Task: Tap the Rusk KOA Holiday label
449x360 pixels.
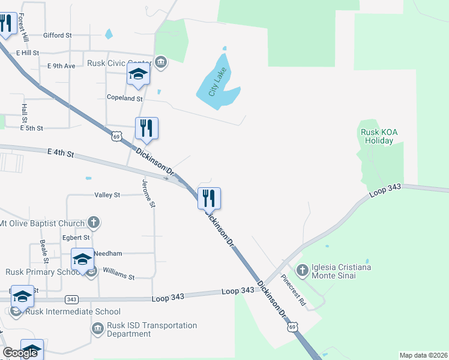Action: coord(377,137)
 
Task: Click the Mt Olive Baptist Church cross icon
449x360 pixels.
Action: coord(93,223)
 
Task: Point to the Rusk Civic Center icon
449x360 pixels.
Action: coord(161,61)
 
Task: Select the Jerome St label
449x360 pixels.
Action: coord(149,193)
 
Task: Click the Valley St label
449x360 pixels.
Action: coord(107,195)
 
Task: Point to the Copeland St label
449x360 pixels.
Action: coord(124,98)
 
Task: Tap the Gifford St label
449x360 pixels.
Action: coord(57,35)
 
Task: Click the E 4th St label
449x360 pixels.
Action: coord(60,154)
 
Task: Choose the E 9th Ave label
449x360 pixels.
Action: coord(61,65)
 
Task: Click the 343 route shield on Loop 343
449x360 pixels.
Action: coord(71,299)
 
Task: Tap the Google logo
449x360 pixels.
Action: coord(20,353)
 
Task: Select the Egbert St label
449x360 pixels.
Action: coord(76,238)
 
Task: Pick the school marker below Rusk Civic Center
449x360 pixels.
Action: coord(138,76)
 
